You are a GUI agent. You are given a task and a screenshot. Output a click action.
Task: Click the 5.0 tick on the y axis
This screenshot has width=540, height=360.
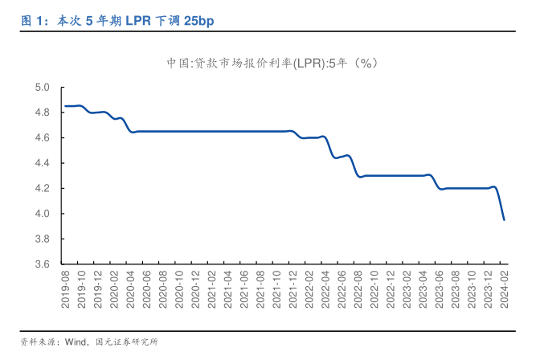(41, 88)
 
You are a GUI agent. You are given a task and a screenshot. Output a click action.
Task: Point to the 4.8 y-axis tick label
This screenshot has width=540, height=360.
(41, 112)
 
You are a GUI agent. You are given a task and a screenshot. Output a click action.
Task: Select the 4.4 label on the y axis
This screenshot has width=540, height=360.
(41, 163)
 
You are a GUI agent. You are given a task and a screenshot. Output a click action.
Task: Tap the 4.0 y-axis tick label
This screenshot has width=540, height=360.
(41, 214)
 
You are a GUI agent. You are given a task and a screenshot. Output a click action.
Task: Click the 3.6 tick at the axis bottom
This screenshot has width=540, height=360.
(41, 264)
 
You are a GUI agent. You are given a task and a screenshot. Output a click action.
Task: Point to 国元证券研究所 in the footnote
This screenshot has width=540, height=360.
(126, 342)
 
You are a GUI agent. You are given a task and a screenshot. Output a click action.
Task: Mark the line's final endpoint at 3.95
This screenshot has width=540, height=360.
(504, 219)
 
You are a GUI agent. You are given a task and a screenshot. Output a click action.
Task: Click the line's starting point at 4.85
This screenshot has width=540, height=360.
(65, 106)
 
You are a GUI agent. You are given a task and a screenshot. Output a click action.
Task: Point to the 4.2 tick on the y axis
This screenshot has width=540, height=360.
(41, 189)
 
